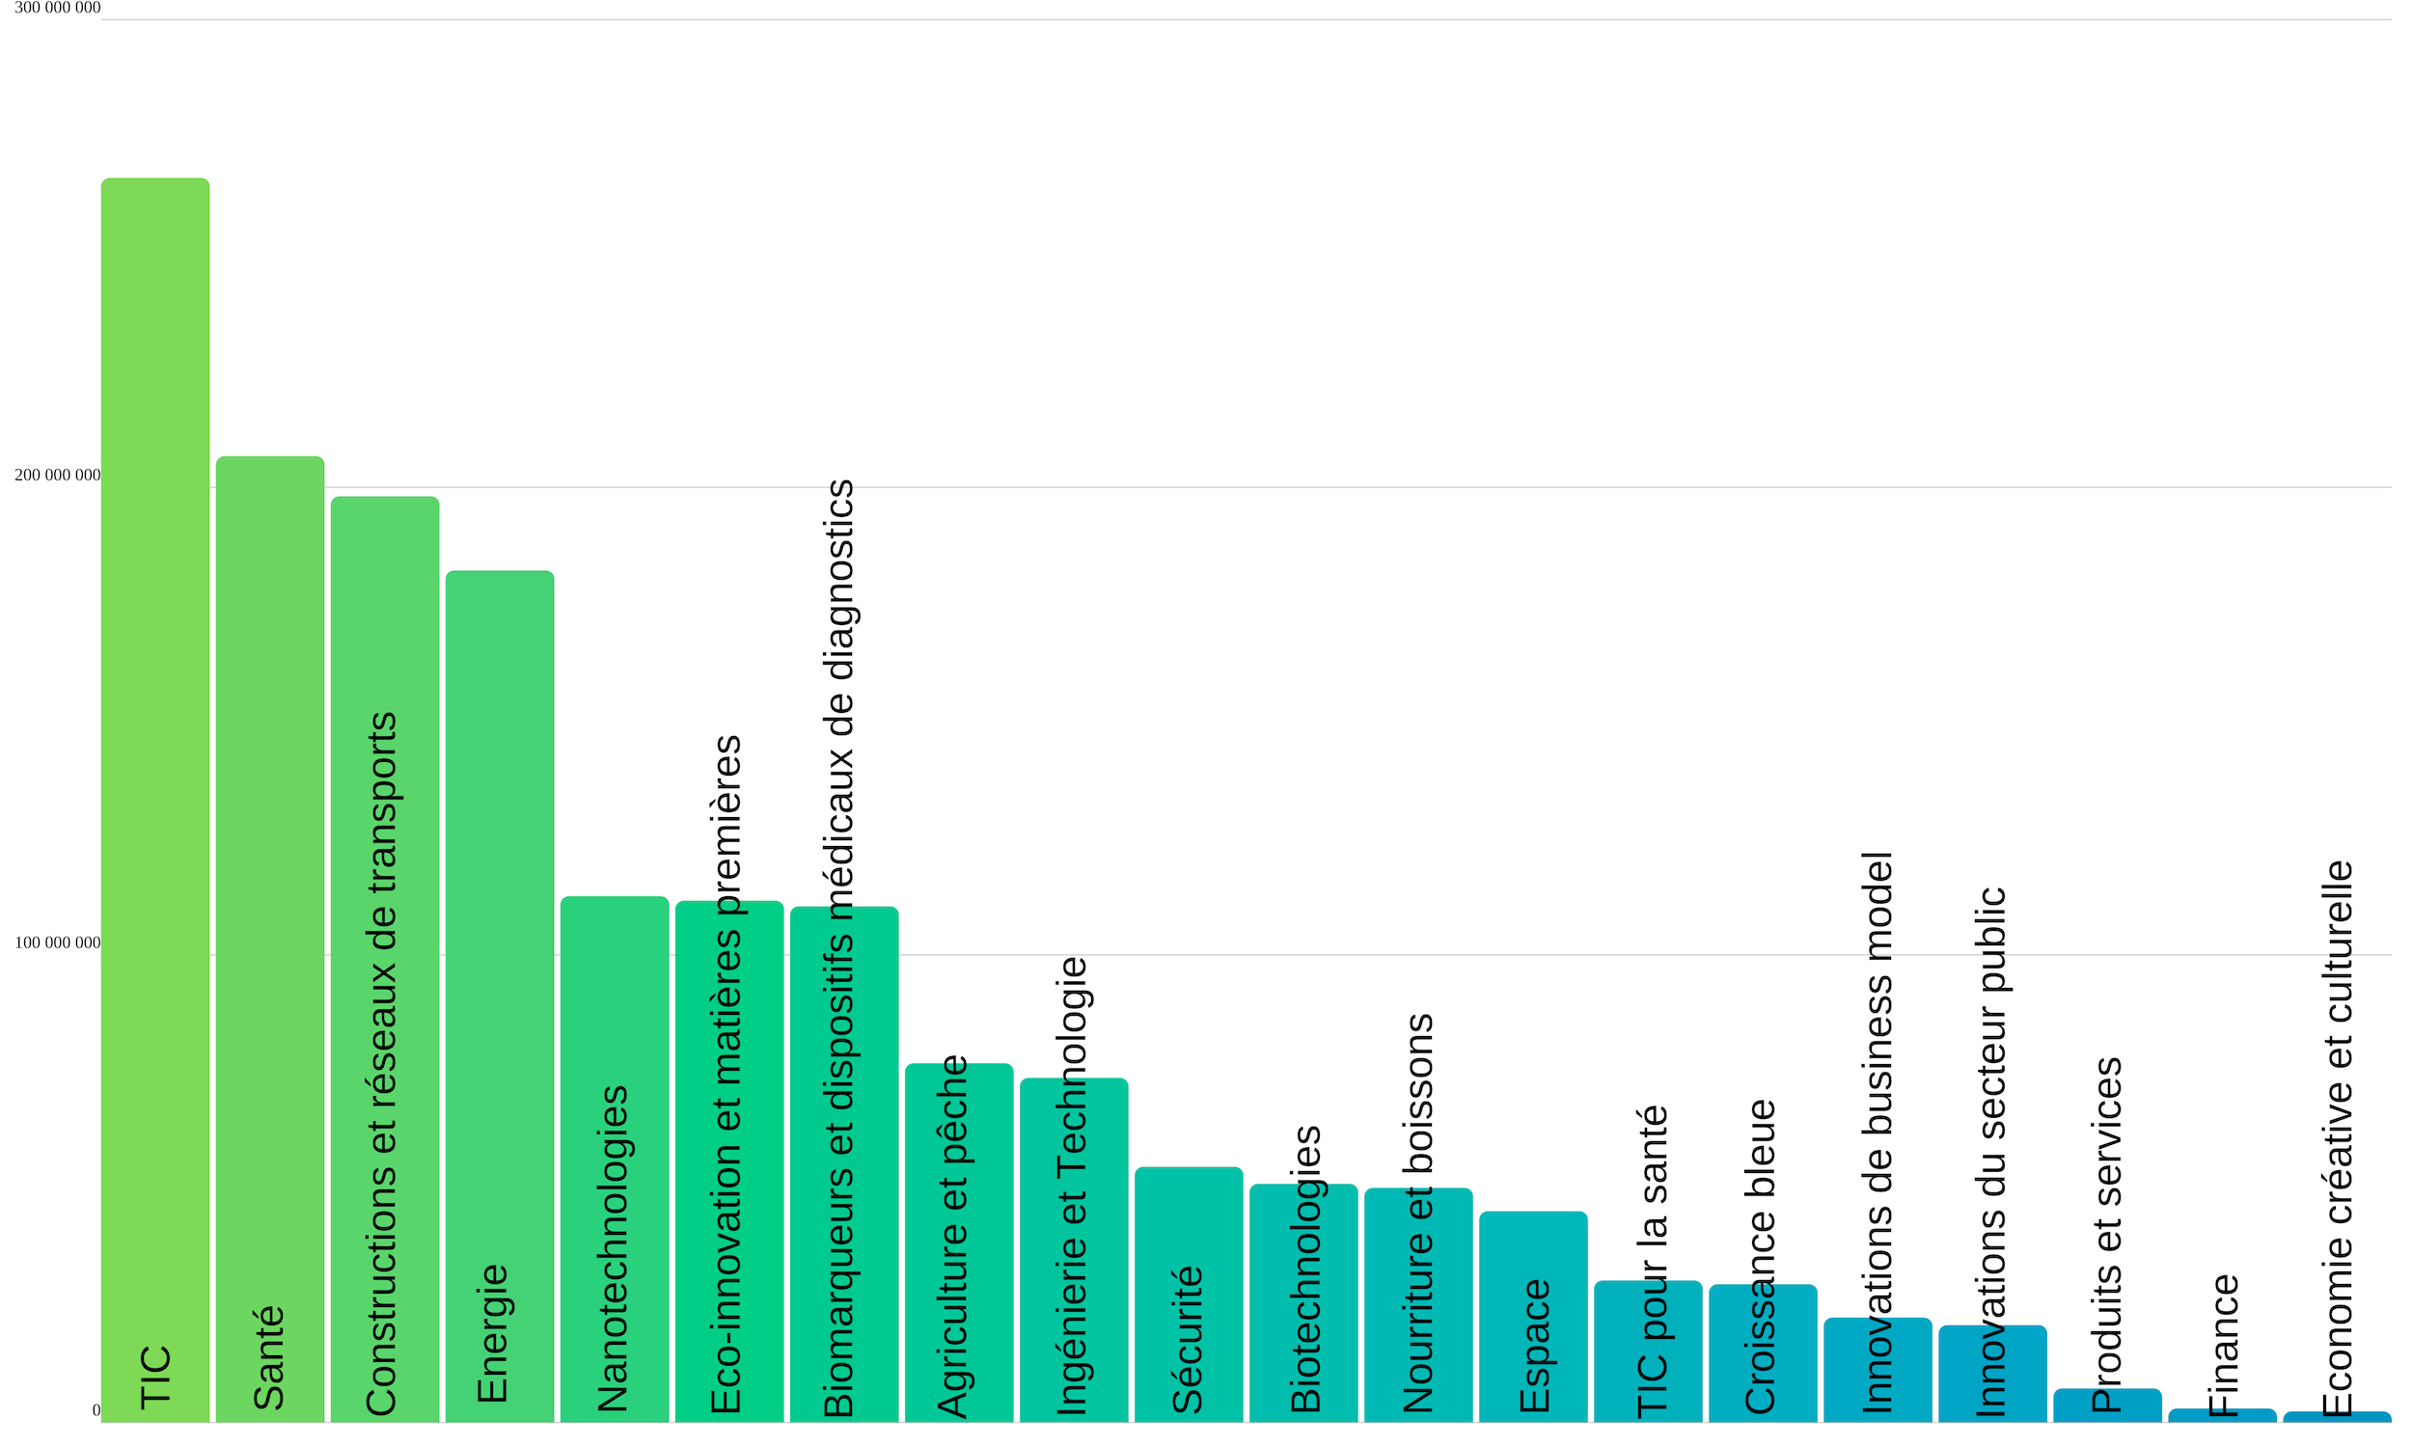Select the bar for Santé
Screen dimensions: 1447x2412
point(270,878)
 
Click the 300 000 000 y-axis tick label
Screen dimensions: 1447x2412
point(58,8)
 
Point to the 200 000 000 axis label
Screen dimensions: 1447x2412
point(58,476)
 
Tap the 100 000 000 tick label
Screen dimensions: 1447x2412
point(58,942)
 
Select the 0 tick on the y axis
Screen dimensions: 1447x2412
point(96,1410)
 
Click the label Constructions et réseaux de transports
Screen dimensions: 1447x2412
point(381,1063)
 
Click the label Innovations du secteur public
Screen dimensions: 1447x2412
point(1990,1151)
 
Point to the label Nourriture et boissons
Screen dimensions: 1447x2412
point(1418,1214)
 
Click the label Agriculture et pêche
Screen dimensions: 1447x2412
point(952,1236)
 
